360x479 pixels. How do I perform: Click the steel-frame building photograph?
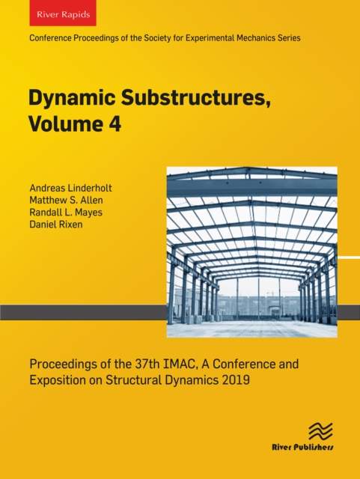click(x=251, y=251)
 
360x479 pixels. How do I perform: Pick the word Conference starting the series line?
click(x=49, y=37)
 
